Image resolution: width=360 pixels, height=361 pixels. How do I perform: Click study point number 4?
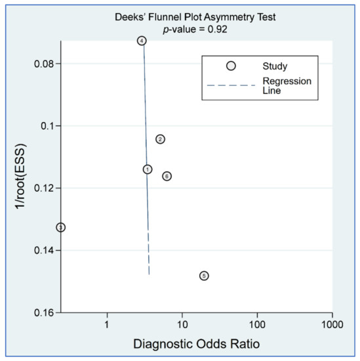click(142, 41)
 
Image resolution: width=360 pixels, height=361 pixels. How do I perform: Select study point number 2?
click(160, 139)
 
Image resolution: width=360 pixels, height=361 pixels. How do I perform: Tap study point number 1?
click(148, 169)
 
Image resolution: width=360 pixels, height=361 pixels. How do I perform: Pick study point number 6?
click(167, 176)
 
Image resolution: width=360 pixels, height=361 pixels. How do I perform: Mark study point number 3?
click(61, 227)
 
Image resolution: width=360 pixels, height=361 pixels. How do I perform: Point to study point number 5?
click(204, 276)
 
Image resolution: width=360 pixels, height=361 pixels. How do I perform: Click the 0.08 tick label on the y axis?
click(43, 64)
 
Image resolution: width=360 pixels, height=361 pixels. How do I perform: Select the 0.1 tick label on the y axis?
click(47, 125)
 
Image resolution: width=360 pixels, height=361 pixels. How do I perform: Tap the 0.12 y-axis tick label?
click(43, 188)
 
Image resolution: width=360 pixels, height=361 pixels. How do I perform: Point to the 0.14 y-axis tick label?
click(43, 251)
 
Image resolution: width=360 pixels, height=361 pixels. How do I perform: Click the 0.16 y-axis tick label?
click(43, 313)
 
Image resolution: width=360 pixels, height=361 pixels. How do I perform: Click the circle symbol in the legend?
click(230, 66)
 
